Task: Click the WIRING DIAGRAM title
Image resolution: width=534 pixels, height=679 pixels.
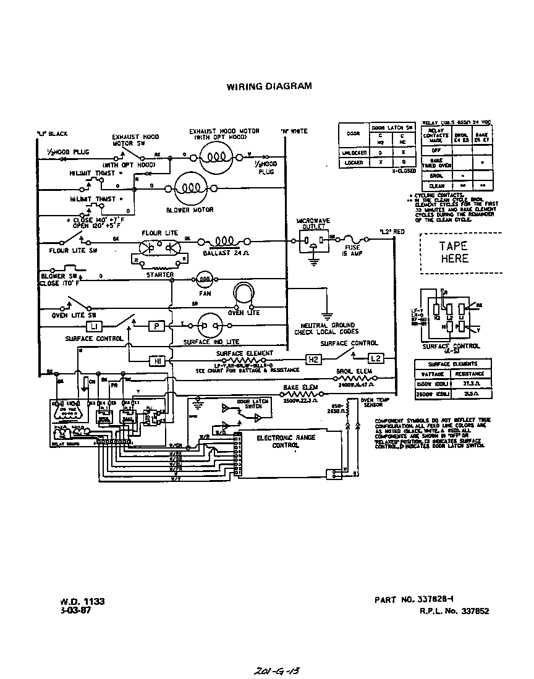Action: (x=268, y=86)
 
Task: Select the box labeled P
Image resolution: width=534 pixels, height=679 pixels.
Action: (x=156, y=325)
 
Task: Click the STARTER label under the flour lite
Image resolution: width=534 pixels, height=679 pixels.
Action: (x=159, y=274)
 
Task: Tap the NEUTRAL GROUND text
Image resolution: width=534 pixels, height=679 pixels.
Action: (x=328, y=325)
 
